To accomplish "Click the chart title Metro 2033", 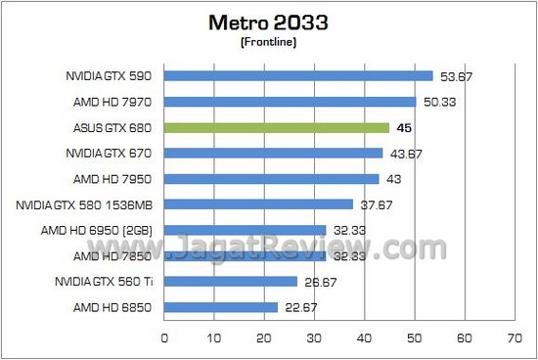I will pos(268,23).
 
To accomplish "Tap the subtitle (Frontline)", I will pos(268,43).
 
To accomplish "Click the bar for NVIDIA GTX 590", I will pos(298,76).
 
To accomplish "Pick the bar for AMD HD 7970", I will pos(290,102).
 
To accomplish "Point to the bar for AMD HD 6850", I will pos(220,307).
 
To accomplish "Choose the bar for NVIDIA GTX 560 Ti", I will pos(230,282).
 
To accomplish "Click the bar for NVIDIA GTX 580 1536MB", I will pos(258,204).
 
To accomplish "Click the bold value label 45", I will pos(402,127).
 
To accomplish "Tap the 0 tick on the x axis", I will pos(164,337).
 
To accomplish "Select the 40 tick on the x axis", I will pos(365,337).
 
